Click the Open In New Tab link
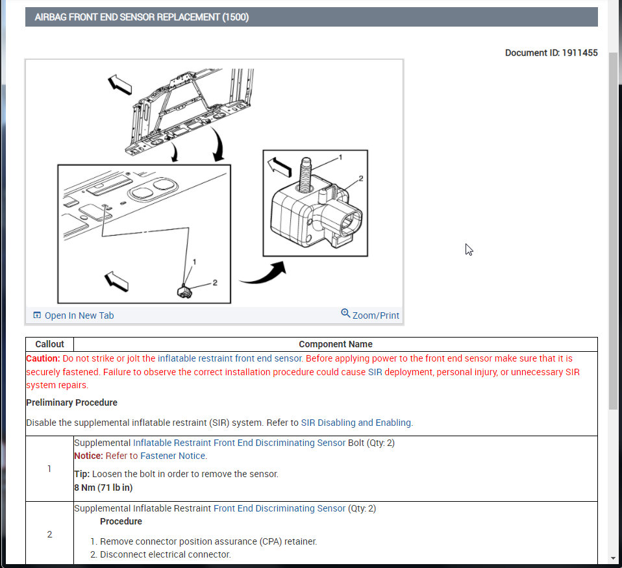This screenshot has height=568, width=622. pos(74,315)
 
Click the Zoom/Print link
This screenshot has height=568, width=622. pos(370,315)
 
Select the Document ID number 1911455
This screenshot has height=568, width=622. pos(580,53)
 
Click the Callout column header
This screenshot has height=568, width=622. pos(49,344)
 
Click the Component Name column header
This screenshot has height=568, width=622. pos(336,344)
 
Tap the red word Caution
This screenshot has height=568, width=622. pos(43,358)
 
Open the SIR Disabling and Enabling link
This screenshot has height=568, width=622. pos(356,423)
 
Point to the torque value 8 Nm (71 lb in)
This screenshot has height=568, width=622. pos(103,488)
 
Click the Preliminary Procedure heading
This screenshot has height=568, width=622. pos(72,402)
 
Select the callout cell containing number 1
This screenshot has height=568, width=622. pos(49,469)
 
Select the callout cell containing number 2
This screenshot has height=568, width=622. pos(49,534)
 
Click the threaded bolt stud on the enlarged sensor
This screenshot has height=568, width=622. pos(305,175)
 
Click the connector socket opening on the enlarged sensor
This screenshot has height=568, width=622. pos(351,221)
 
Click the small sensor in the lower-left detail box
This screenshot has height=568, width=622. pos(184,292)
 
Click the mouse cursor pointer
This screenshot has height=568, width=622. pos(469,249)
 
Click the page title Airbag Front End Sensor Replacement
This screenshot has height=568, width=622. pos(142,17)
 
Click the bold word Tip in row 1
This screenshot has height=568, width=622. pos(82,474)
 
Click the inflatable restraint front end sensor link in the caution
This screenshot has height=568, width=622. pos(230,358)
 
